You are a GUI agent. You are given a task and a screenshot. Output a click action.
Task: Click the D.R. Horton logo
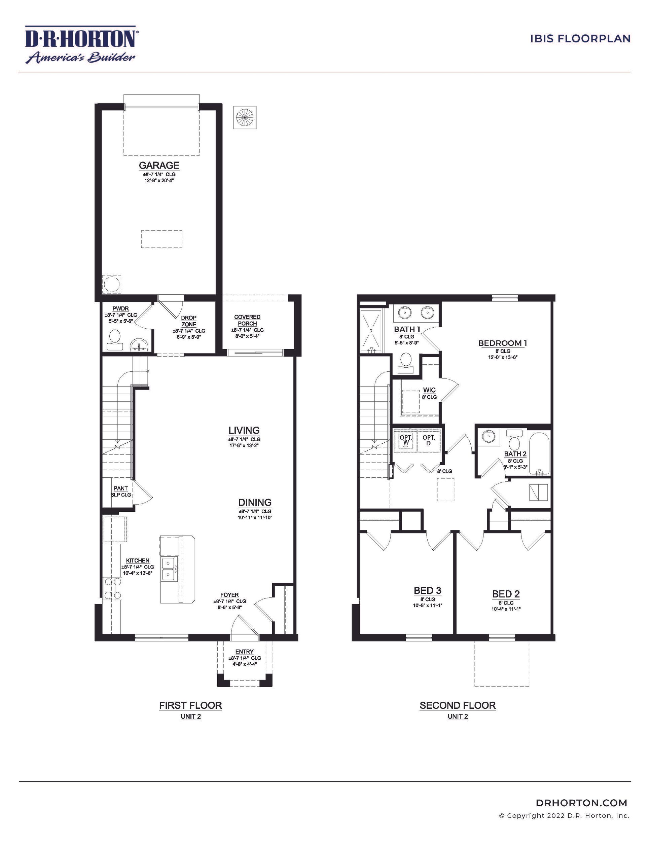click(x=80, y=44)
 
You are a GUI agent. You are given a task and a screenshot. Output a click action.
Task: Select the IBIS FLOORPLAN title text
click(x=580, y=39)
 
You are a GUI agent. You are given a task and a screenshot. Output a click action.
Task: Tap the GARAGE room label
click(x=159, y=166)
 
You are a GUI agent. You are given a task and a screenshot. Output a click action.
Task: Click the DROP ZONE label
click(x=189, y=321)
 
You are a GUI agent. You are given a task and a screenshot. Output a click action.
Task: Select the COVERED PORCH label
click(x=247, y=320)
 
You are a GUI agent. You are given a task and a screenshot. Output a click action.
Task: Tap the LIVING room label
click(x=244, y=430)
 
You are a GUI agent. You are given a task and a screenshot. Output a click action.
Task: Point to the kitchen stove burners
click(x=112, y=587)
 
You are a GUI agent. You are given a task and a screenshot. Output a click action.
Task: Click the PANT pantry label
click(x=120, y=488)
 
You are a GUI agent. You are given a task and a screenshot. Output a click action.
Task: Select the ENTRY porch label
click(x=244, y=652)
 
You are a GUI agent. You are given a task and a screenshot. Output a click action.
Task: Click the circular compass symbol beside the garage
click(x=245, y=117)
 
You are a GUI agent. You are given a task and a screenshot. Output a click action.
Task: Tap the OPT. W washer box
click(x=405, y=440)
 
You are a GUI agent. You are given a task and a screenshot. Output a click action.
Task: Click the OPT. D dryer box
click(x=429, y=440)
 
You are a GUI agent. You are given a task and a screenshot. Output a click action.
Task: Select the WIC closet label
click(x=429, y=390)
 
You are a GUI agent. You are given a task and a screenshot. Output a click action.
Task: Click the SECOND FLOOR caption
click(x=458, y=705)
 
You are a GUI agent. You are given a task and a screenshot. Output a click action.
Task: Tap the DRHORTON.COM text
click(x=581, y=803)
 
